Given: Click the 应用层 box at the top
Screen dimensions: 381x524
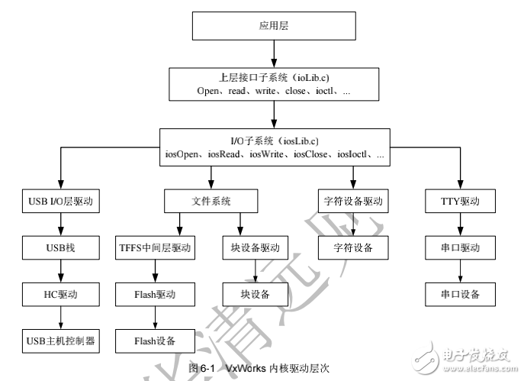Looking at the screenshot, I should (273, 26).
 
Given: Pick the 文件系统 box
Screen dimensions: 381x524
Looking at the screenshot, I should (211, 202).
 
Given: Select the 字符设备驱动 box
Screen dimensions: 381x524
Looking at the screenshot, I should (352, 202).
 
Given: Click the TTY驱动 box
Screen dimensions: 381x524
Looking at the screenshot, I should (460, 202).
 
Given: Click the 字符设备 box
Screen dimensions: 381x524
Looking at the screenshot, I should (352, 248).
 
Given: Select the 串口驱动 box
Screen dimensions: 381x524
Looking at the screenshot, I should (460, 248).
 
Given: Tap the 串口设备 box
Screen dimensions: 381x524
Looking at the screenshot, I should (460, 294).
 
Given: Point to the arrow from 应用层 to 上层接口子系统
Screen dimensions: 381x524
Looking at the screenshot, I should (273, 53).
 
